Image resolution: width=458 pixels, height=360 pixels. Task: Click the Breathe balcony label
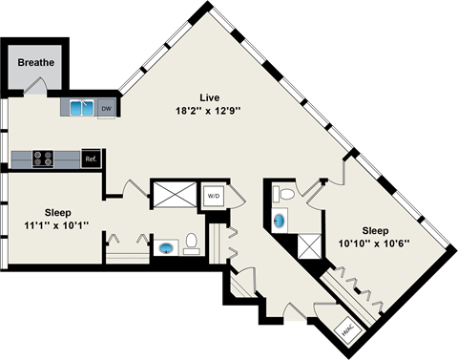[36, 63]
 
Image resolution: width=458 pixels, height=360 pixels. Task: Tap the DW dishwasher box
[106, 108]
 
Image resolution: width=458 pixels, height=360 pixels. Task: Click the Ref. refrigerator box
[92, 159]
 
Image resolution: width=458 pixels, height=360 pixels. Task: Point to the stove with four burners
[44, 159]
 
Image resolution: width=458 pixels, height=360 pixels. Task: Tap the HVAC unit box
[347, 330]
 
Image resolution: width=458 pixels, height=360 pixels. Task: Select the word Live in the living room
[209, 97]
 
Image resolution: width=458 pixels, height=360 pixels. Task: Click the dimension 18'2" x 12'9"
[209, 111]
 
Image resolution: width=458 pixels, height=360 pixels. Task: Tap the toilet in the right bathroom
[281, 195]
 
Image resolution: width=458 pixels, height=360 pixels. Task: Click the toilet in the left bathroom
[191, 245]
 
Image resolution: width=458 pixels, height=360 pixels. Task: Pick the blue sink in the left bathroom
[167, 248]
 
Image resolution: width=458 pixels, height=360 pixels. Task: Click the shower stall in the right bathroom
[308, 246]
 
